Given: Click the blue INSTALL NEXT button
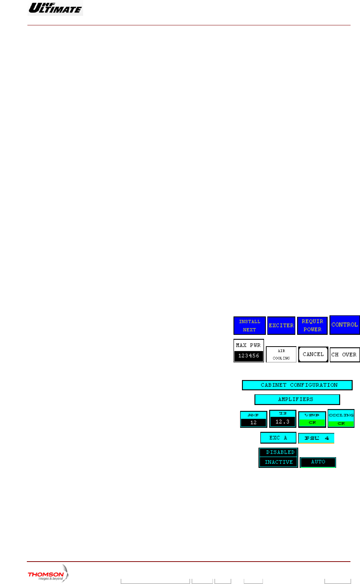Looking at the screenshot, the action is tap(249, 325).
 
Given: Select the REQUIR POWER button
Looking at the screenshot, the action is tap(312, 325).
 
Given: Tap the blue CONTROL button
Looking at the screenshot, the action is tap(345, 325).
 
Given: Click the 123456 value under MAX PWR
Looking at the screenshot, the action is tap(249, 356).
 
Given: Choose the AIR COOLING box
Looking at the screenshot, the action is tap(281, 354).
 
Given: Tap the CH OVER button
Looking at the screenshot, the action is tap(345, 355).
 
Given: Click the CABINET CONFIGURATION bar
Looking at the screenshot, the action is tap(297, 385).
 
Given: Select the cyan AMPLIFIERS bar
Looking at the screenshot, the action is tap(297, 399).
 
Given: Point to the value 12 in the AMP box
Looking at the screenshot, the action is tap(253, 423).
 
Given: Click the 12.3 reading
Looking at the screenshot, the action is tap(282, 422).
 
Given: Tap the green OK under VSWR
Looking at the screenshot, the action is tap(312, 423).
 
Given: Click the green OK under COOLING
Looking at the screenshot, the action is tap(341, 423).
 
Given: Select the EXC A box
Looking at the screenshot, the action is tap(278, 438).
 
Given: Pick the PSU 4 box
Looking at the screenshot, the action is tap(316, 438).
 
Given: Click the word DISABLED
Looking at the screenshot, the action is tap(280, 452).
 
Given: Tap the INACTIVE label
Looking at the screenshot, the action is tap(279, 462).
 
